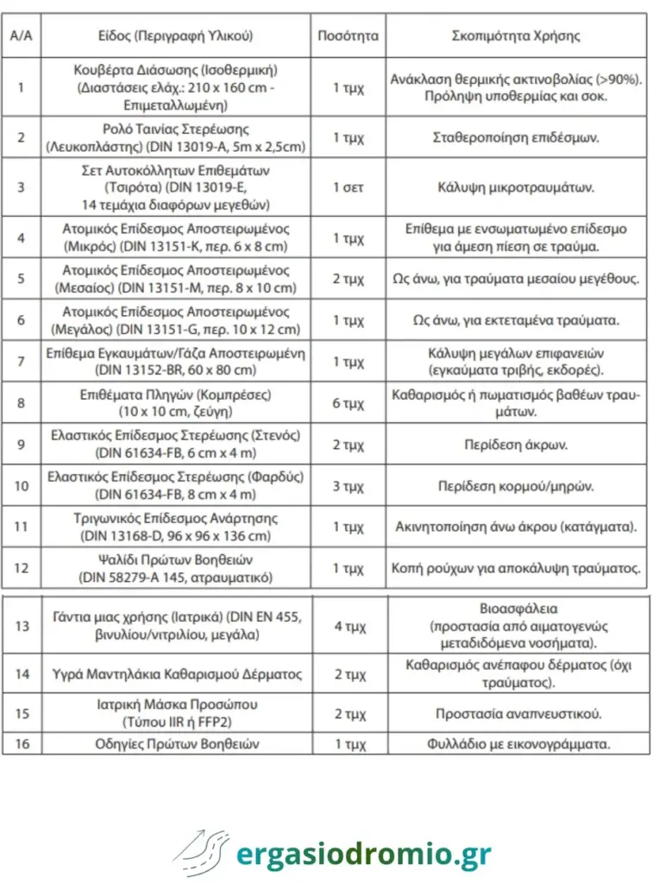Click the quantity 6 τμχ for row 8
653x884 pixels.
(348, 402)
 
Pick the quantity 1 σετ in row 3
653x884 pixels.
(348, 186)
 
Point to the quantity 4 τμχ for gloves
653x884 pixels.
(348, 626)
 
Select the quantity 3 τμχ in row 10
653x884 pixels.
(348, 486)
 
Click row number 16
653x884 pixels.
(22, 743)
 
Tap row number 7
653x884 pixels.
(22, 361)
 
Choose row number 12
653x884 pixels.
(22, 569)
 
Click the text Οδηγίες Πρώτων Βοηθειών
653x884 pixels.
(176, 743)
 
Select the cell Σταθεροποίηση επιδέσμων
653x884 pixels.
(516, 137)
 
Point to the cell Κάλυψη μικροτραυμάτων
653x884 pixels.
(516, 186)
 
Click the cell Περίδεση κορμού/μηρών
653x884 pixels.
(516, 486)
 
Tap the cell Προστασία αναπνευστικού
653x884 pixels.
(516, 714)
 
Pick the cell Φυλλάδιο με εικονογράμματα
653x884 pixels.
(516, 743)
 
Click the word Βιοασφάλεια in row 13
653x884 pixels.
(516, 607)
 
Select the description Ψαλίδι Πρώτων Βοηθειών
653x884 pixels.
(176, 560)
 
